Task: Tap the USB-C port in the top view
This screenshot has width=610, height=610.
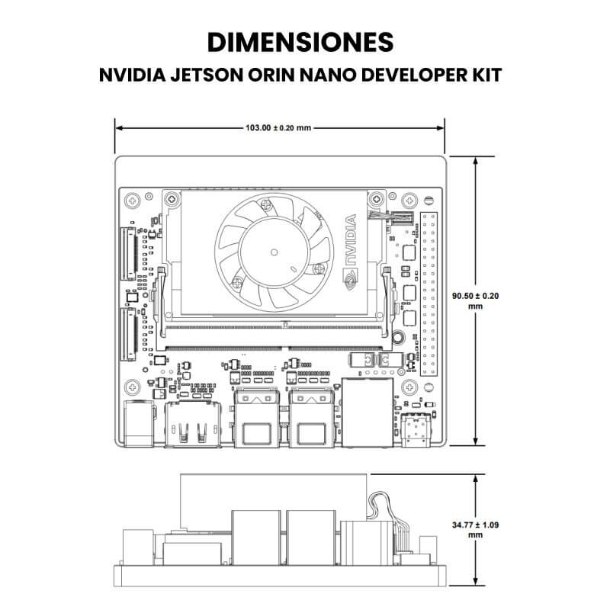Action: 416,426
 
